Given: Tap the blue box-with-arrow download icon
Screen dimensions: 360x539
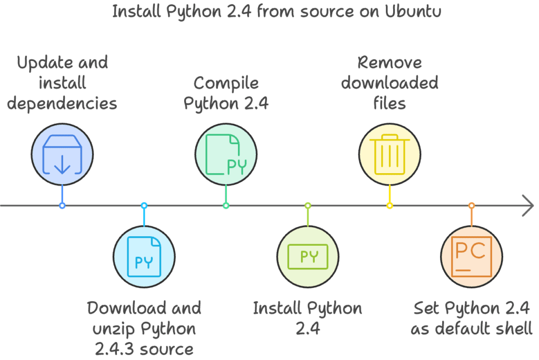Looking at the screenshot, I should (x=62, y=154).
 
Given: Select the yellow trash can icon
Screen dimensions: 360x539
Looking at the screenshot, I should (x=390, y=154).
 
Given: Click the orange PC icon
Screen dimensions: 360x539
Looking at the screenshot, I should (x=471, y=256).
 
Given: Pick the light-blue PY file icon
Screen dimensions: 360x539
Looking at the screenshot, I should (x=144, y=256).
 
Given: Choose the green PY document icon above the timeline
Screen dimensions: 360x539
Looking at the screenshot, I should (x=226, y=154).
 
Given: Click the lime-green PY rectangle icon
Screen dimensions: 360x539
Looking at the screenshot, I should (x=308, y=256).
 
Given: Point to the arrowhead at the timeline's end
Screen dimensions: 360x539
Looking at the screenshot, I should (x=528, y=205).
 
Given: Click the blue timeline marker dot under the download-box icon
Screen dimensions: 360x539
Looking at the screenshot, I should (x=62, y=205).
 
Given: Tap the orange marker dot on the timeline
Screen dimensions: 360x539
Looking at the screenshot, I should (x=472, y=205).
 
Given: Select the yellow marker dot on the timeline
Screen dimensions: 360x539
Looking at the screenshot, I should (x=390, y=205).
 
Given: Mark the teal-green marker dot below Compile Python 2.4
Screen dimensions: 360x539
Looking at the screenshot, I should (x=226, y=205).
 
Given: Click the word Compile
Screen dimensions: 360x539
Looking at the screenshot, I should (x=226, y=83).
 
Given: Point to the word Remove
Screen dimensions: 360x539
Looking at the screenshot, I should (x=390, y=63).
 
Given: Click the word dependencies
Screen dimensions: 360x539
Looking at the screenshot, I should (x=62, y=103).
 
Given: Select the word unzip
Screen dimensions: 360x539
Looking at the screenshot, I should (x=113, y=329).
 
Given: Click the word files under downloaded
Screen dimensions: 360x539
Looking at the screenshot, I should (x=390, y=103).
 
